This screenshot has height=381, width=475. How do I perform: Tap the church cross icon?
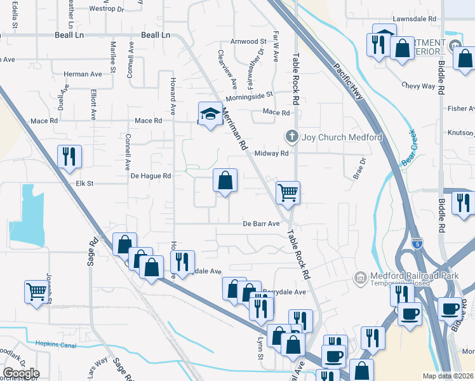(x=291, y=137)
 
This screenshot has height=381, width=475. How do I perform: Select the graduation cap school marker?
(x=211, y=115)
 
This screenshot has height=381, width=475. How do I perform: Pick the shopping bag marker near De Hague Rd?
(x=225, y=181)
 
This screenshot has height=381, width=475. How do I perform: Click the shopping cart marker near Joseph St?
(x=36, y=293)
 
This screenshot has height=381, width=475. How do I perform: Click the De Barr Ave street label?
(x=261, y=224)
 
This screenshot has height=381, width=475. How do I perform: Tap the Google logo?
(x=21, y=373)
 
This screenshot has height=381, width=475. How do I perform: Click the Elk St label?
(x=84, y=184)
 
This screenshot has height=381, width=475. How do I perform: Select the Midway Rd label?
(x=271, y=153)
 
